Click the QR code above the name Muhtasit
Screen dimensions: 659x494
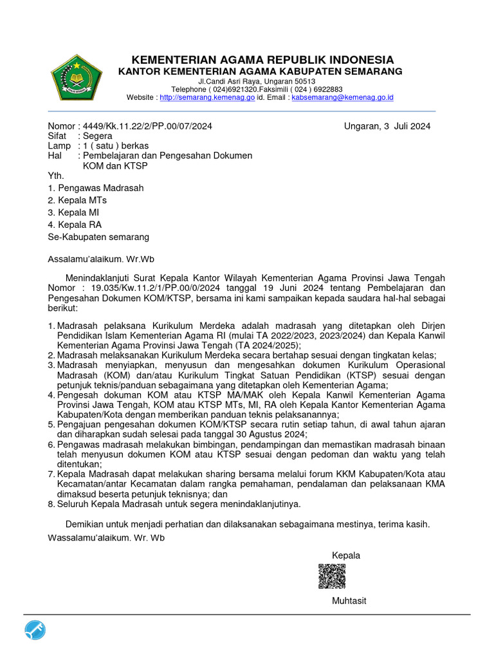332,576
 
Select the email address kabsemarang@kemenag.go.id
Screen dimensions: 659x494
342,98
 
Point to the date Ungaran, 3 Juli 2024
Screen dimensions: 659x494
387,126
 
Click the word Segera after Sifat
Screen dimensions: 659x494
95,136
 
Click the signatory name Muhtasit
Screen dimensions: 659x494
349,601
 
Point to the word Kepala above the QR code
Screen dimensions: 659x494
345,555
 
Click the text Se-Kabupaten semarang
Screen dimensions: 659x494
98,237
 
